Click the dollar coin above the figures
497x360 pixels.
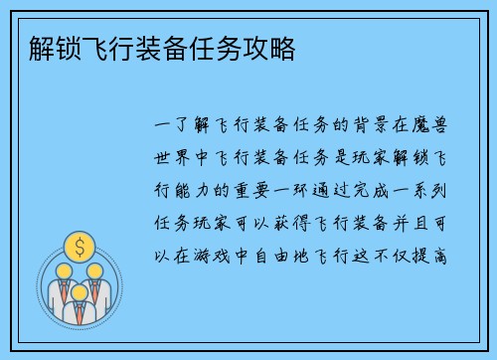click(x=78, y=245)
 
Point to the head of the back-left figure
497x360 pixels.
click(x=59, y=270)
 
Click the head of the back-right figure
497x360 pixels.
click(x=96, y=270)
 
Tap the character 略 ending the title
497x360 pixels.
click(x=283, y=48)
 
